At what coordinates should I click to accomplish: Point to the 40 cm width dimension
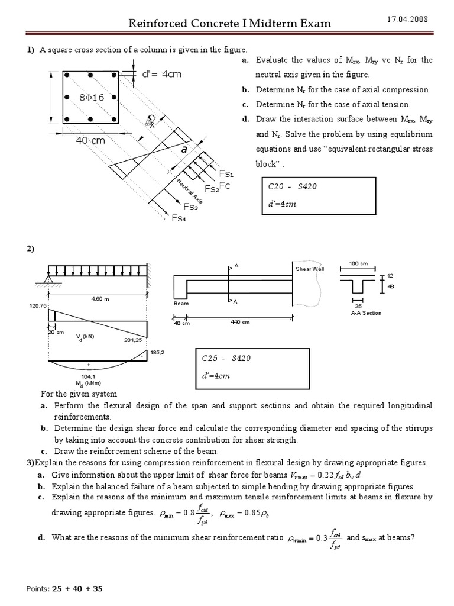click(90, 140)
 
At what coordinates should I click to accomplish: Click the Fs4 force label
click(179, 218)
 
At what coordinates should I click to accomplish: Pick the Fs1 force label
click(226, 174)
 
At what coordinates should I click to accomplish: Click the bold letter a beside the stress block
click(184, 150)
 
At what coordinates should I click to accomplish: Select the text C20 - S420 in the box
click(293, 186)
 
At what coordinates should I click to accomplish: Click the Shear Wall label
click(307, 269)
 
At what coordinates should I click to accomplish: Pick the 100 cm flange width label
click(358, 262)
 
